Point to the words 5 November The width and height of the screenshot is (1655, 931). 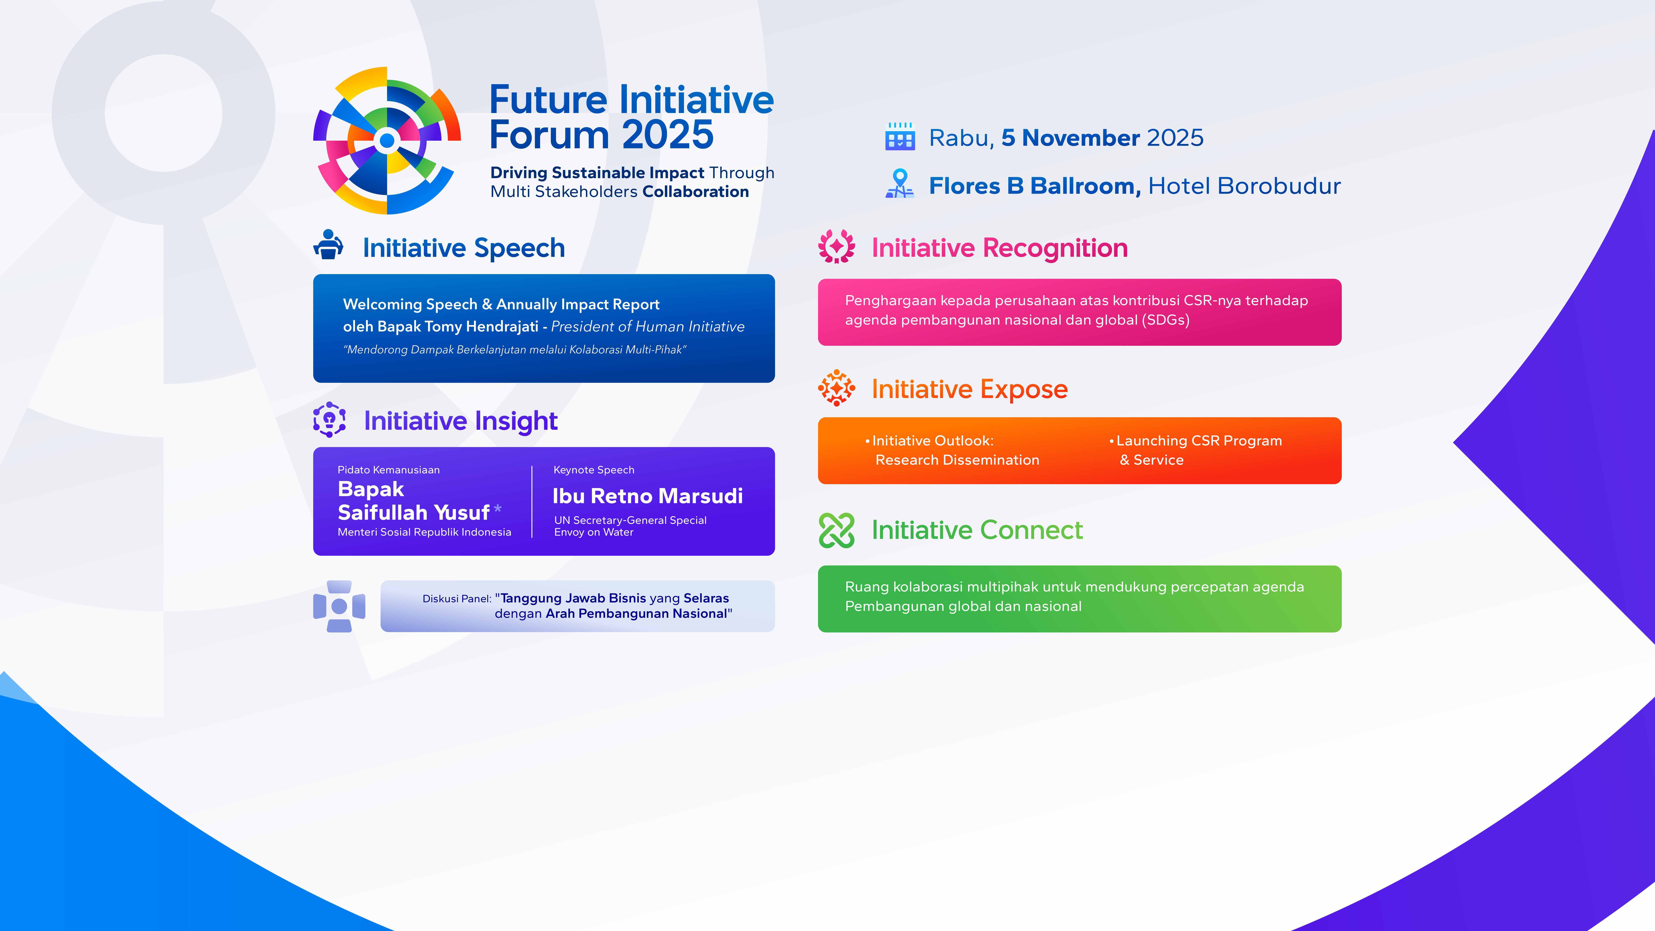point(1070,138)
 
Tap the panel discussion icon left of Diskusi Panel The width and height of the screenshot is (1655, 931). point(339,606)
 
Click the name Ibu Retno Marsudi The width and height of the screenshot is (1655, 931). point(648,496)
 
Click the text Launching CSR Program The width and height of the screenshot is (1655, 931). point(1199,441)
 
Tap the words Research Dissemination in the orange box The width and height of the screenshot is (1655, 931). point(957,460)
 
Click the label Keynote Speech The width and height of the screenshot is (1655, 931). point(594,470)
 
